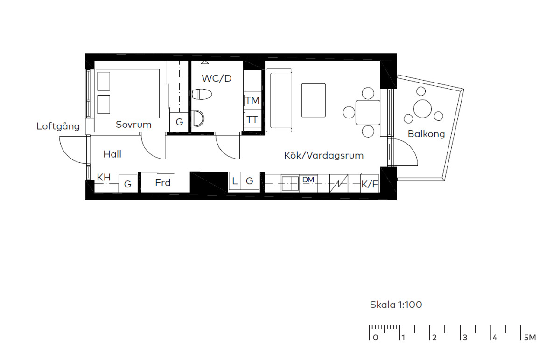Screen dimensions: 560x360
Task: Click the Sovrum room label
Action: pyautogui.click(x=133, y=125)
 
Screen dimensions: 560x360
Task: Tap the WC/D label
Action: pyautogui.click(x=217, y=78)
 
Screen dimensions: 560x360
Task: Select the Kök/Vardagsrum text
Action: pyautogui.click(x=324, y=155)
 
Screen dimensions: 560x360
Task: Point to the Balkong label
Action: pyautogui.click(x=426, y=134)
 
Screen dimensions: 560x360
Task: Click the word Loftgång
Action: pyautogui.click(x=58, y=126)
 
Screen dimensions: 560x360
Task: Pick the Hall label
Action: pyautogui.click(x=112, y=154)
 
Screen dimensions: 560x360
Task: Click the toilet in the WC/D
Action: pyautogui.click(x=202, y=94)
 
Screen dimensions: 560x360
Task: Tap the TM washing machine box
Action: pyautogui.click(x=252, y=100)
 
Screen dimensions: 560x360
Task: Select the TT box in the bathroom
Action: pyautogui.click(x=252, y=119)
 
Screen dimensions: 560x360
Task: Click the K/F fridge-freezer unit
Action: pyautogui.click(x=370, y=184)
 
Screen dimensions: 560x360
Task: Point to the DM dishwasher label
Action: pyautogui.click(x=308, y=180)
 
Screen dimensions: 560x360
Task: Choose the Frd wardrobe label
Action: pyautogui.click(x=163, y=183)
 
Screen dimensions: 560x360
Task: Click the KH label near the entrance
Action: pyautogui.click(x=104, y=177)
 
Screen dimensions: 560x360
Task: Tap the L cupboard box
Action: pyautogui.click(x=235, y=180)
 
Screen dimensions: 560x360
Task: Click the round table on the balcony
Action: pyautogui.click(x=422, y=109)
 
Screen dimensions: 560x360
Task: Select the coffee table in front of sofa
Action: pyautogui.click(x=314, y=100)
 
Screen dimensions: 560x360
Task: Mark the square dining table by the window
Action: pyautogui.click(x=368, y=112)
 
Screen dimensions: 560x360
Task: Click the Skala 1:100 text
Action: pyautogui.click(x=396, y=305)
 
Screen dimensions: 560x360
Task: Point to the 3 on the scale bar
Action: pyautogui.click(x=465, y=338)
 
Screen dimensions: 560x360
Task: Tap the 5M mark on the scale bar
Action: pyautogui.click(x=530, y=338)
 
